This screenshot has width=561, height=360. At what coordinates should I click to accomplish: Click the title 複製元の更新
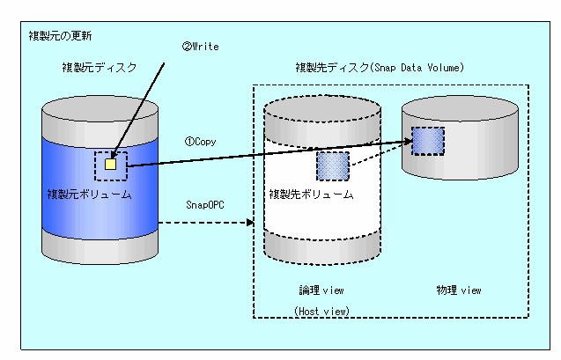[60, 36]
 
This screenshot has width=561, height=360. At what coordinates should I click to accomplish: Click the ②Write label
[201, 46]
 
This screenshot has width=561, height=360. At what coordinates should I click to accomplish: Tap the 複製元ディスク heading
[99, 67]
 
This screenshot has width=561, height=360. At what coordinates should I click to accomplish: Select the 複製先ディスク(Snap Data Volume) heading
[380, 67]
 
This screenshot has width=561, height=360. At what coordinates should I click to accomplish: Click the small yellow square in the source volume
[110, 163]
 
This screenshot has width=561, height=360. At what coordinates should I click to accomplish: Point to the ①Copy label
[200, 140]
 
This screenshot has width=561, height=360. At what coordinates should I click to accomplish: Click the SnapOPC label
[204, 204]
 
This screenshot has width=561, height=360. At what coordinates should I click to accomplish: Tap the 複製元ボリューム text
[89, 194]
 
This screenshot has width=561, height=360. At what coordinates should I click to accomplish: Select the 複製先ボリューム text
[311, 194]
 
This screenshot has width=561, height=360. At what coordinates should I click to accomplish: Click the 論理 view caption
[321, 289]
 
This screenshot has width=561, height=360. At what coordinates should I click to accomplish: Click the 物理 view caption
[459, 289]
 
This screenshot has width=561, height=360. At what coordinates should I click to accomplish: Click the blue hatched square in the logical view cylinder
[333, 165]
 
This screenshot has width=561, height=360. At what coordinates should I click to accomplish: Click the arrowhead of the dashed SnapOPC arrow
[250, 221]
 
